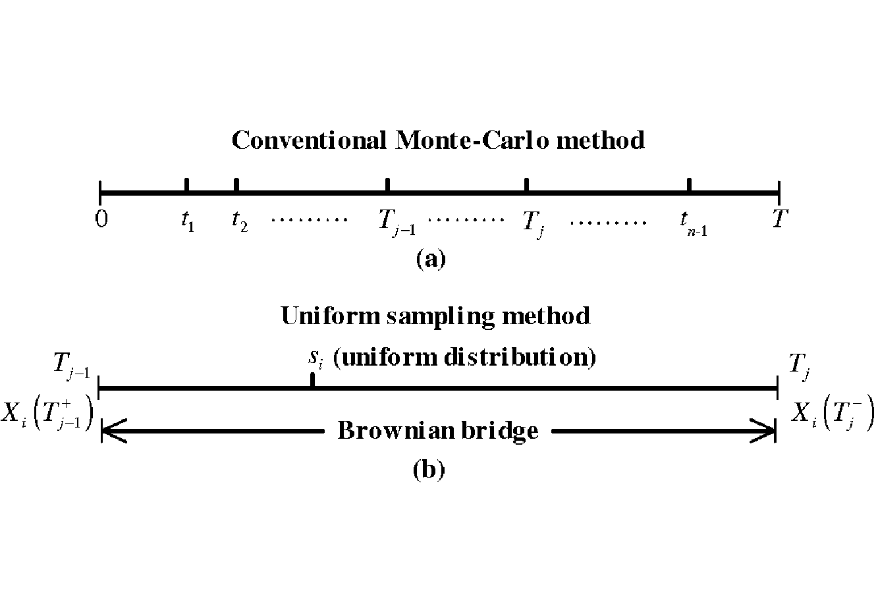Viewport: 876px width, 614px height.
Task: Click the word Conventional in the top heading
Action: pyautogui.click(x=309, y=140)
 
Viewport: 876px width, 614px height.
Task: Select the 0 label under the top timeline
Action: pyautogui.click(x=101, y=219)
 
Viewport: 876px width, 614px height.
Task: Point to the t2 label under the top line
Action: pyautogui.click(x=240, y=221)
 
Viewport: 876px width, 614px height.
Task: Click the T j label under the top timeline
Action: pyautogui.click(x=534, y=224)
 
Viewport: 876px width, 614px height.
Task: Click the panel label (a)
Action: pyautogui.click(x=431, y=260)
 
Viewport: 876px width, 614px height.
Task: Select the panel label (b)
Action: pyautogui.click(x=429, y=469)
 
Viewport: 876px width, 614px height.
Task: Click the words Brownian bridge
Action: pyautogui.click(x=438, y=431)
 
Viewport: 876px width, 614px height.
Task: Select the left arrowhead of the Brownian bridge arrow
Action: pyautogui.click(x=113, y=431)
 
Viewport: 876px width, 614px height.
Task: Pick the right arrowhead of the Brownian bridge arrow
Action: pyautogui.click(x=763, y=431)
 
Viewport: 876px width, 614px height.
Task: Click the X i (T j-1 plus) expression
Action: pyautogui.click(x=47, y=413)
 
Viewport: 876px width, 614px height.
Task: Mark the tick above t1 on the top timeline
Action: pyautogui.click(x=186, y=185)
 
